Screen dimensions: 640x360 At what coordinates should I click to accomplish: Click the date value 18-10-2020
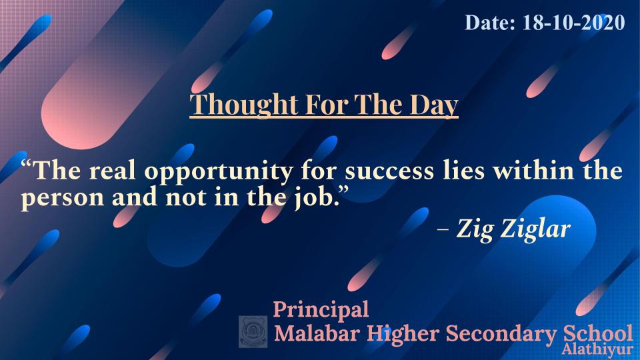[x=573, y=23]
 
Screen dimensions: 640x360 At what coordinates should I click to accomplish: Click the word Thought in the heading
[x=244, y=105]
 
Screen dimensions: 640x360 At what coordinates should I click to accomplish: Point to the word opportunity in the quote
[x=218, y=172]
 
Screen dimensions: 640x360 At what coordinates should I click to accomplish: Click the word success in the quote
[x=389, y=172]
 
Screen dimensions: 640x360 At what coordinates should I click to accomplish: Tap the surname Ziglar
[x=535, y=229]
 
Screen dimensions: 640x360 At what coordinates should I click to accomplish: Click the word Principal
[x=321, y=310]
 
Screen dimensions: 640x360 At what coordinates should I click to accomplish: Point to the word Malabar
[x=317, y=333]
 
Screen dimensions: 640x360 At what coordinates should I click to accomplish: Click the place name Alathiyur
[x=597, y=350]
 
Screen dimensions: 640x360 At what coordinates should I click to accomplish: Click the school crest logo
[x=253, y=331]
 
